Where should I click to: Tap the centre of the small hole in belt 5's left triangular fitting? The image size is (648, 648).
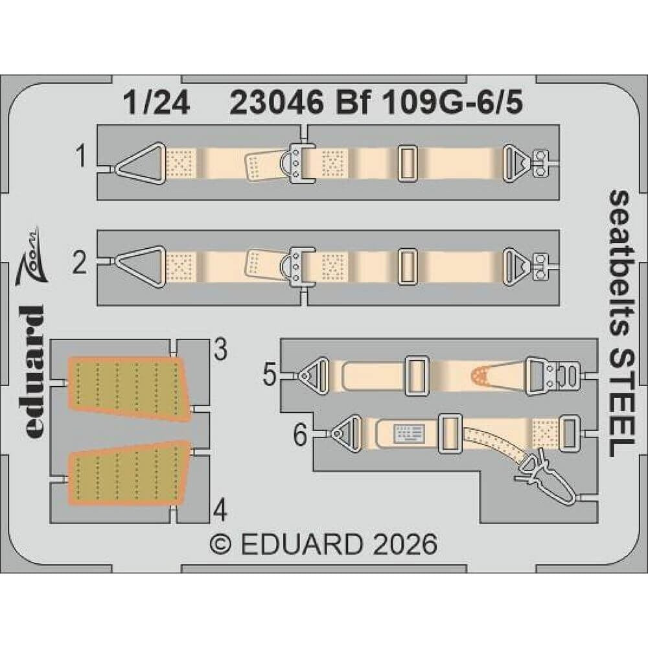pos(305,375)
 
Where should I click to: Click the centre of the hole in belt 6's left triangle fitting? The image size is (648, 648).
pos(337,432)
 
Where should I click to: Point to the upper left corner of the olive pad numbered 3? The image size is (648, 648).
pos(69,358)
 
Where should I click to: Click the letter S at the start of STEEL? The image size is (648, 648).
pos(620,360)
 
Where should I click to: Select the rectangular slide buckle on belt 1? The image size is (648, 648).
pos(407,163)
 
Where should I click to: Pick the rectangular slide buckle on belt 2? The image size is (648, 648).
pos(407,268)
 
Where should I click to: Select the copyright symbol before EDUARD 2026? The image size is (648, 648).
pos(220,544)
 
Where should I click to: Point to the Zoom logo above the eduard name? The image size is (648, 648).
pos(31,256)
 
